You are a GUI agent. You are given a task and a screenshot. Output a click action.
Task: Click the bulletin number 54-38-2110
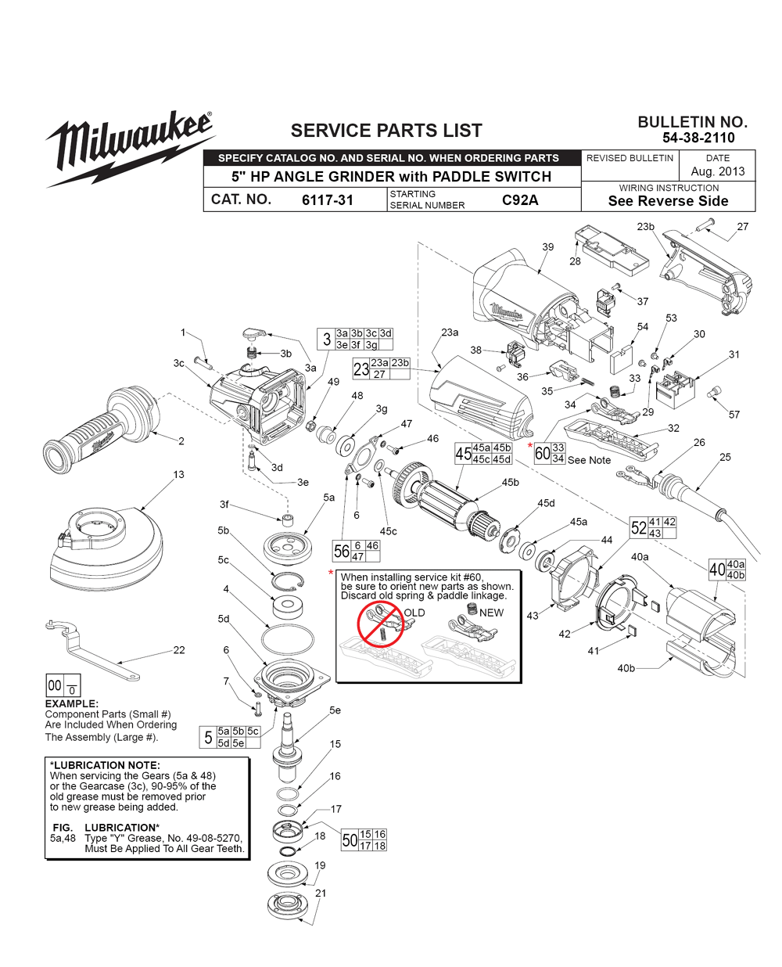click(698, 138)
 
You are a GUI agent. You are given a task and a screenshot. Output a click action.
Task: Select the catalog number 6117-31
click(328, 200)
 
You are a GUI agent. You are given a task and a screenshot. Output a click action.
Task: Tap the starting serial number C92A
click(520, 200)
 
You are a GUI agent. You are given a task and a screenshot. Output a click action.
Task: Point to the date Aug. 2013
click(718, 171)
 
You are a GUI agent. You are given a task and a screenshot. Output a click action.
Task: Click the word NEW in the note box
click(491, 613)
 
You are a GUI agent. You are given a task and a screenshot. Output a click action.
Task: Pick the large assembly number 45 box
click(463, 454)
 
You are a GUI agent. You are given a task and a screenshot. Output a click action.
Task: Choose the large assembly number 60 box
click(542, 454)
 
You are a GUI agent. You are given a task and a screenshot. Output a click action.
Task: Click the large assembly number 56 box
click(342, 551)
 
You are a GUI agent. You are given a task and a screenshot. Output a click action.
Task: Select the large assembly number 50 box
click(350, 840)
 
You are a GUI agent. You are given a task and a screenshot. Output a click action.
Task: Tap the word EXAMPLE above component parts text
click(71, 704)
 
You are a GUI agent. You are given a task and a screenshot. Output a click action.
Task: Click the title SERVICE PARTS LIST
click(386, 131)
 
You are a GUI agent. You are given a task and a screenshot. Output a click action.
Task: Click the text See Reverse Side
click(668, 201)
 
